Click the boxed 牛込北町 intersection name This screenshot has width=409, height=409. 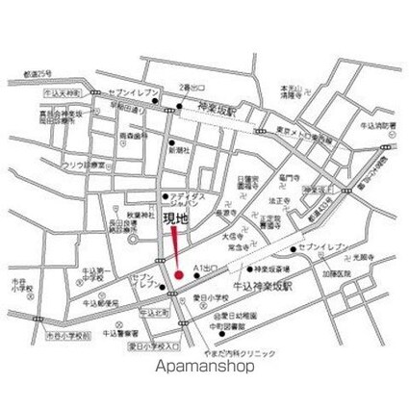tap(155, 314)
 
